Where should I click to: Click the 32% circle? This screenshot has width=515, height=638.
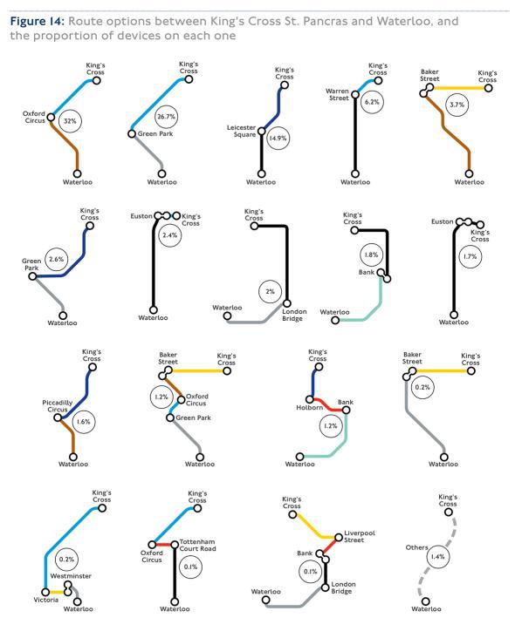point(70,121)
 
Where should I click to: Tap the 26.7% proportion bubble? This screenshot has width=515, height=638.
point(166,117)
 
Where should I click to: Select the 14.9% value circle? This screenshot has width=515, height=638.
point(278,139)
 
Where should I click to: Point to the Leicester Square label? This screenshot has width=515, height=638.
point(241,131)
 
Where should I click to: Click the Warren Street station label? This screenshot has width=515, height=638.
point(337,94)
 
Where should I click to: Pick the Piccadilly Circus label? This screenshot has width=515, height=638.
point(58,406)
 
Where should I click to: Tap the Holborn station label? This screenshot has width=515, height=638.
point(310,407)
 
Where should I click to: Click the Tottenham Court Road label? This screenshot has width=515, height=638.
point(197,546)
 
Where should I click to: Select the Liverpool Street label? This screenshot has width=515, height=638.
point(360,536)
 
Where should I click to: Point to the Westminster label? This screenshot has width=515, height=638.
point(71,576)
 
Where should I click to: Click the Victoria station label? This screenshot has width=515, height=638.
point(46,600)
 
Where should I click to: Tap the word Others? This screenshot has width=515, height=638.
point(417,547)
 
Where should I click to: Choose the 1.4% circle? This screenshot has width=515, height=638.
point(438,557)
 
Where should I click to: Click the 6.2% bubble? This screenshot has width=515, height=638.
point(372,102)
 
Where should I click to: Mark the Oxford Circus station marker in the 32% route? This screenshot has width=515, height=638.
point(51,117)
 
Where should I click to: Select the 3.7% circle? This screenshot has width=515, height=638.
point(457,105)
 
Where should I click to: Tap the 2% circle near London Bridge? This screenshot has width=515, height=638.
point(270,291)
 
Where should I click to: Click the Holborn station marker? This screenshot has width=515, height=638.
point(310,399)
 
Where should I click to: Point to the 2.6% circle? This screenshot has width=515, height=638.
point(56,259)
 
